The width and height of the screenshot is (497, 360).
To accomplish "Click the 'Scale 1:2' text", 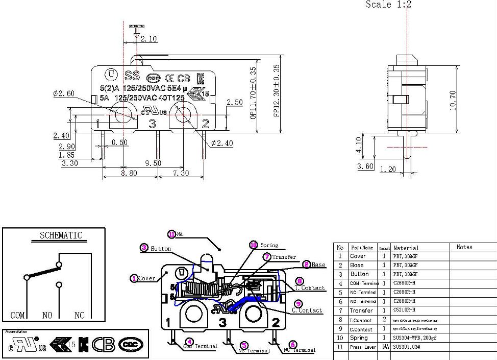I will coord(388,5).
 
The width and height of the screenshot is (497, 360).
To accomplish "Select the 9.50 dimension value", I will coord(153,163).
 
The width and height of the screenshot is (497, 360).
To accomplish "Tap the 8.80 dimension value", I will coord(129,174).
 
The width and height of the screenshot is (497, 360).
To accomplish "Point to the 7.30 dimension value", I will coord(181,174).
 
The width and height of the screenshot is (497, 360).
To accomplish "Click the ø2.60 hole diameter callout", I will coord(64,93).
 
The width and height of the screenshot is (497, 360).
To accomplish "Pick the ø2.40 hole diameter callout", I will coord(221,143).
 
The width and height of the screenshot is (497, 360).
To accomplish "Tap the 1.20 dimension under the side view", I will coord(388,170).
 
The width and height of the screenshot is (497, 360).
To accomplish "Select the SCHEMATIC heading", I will coord(61,235).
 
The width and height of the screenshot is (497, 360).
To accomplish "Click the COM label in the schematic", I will coord(18,316).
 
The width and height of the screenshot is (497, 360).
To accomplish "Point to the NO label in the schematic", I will coord(47,316).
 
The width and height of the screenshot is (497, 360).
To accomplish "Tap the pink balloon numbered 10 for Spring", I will coord(254,245).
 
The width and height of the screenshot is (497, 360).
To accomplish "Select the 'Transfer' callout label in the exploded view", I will coord(284,257).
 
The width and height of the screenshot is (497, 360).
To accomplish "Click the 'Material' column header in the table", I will coord(406,248).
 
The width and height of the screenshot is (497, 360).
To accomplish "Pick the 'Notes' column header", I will coord(464,247).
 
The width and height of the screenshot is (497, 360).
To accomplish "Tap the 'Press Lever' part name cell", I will coord(362,347).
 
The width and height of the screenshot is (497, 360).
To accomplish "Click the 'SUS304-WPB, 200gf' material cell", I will coord(415,338).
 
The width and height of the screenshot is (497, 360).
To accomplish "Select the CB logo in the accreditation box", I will coord(103,344).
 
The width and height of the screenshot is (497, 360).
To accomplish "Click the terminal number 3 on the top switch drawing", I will coord(152,123).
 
